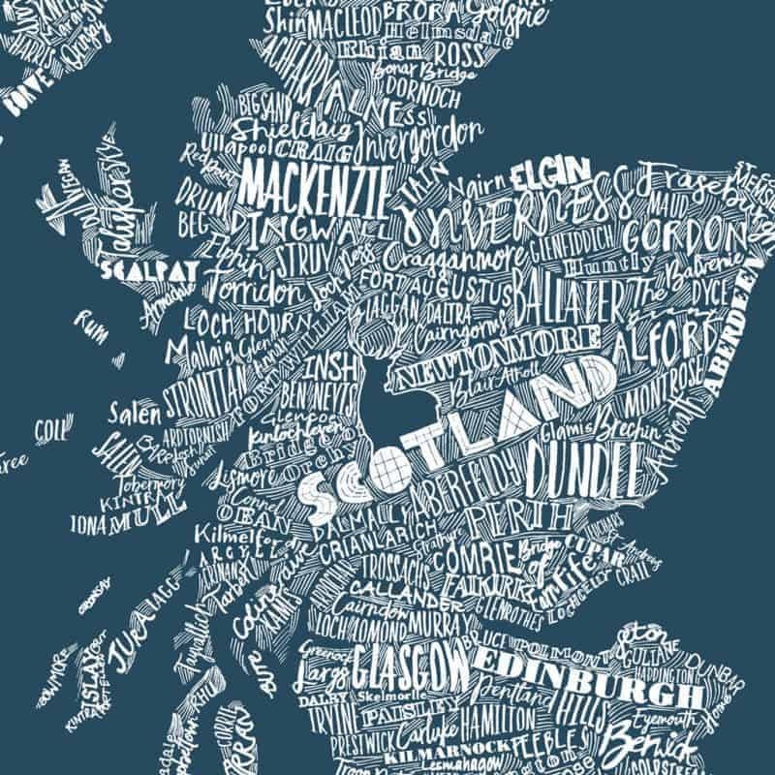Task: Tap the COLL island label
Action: click(48, 428)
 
